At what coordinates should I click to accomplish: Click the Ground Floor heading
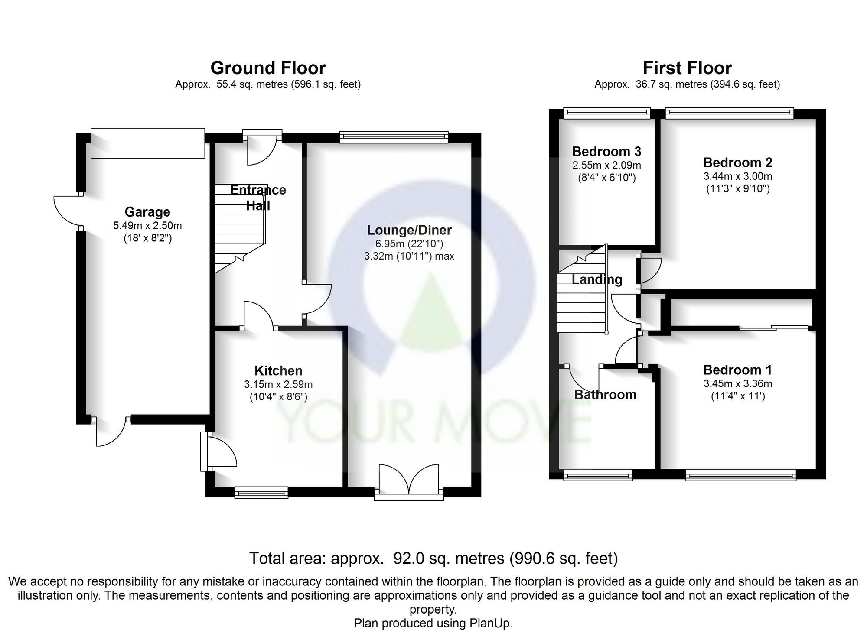coord(268,68)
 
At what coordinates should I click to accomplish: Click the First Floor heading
coord(687,68)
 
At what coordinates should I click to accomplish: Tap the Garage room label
coord(147,212)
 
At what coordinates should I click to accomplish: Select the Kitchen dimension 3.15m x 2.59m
coord(278,384)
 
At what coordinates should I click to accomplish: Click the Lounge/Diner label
coord(409,230)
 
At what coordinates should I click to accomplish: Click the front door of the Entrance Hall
coord(262,149)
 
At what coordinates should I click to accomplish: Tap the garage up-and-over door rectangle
coord(148,143)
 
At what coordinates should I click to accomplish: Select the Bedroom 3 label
coord(606,152)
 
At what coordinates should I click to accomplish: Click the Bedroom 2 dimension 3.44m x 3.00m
coord(737,176)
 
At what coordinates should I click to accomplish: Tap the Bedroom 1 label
coord(737,370)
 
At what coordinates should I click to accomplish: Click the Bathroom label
coord(605,395)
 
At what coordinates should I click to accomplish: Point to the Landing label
coord(596,279)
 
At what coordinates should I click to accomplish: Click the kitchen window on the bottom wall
coord(261,492)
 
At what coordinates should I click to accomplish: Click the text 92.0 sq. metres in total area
coord(448,559)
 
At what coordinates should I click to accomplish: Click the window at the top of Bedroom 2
coord(730,113)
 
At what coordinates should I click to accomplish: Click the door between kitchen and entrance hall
coord(259,316)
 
